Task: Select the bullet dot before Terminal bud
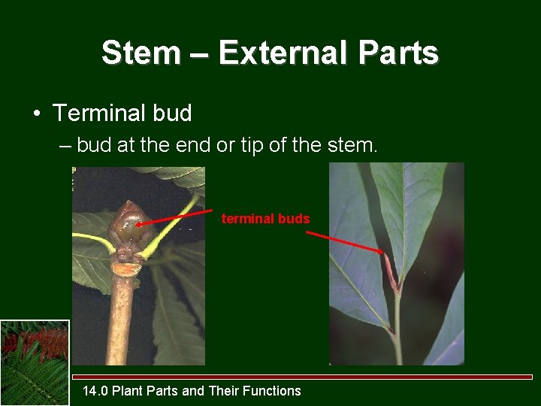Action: tap(36, 114)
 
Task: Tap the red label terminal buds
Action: tap(265, 219)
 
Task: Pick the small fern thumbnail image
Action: tap(35, 362)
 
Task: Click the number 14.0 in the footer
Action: tap(94, 391)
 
